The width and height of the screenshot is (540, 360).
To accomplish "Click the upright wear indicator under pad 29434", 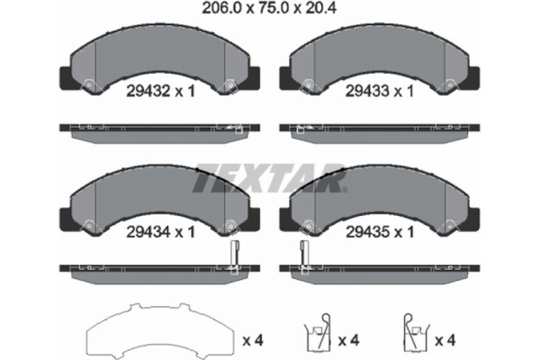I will [x=233, y=257].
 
